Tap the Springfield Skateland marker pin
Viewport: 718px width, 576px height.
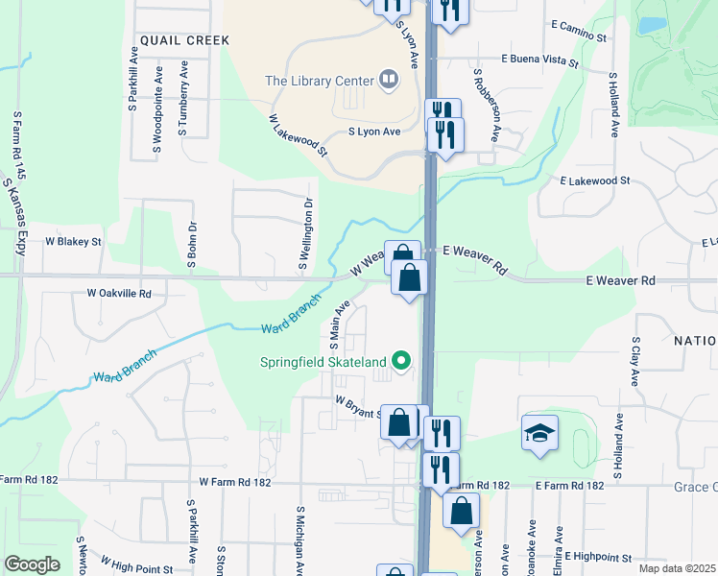tap(403, 362)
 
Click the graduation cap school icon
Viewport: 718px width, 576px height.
tap(539, 433)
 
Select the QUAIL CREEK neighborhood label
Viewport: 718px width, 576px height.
tap(184, 40)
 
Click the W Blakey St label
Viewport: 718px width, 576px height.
tap(73, 242)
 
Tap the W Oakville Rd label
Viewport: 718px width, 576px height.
tap(119, 293)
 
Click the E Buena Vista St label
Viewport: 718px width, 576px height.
tap(540, 60)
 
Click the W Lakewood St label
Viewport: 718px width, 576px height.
tap(299, 135)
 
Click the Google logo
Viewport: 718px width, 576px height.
tap(31, 564)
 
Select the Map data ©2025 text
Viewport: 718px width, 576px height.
tap(676, 568)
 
